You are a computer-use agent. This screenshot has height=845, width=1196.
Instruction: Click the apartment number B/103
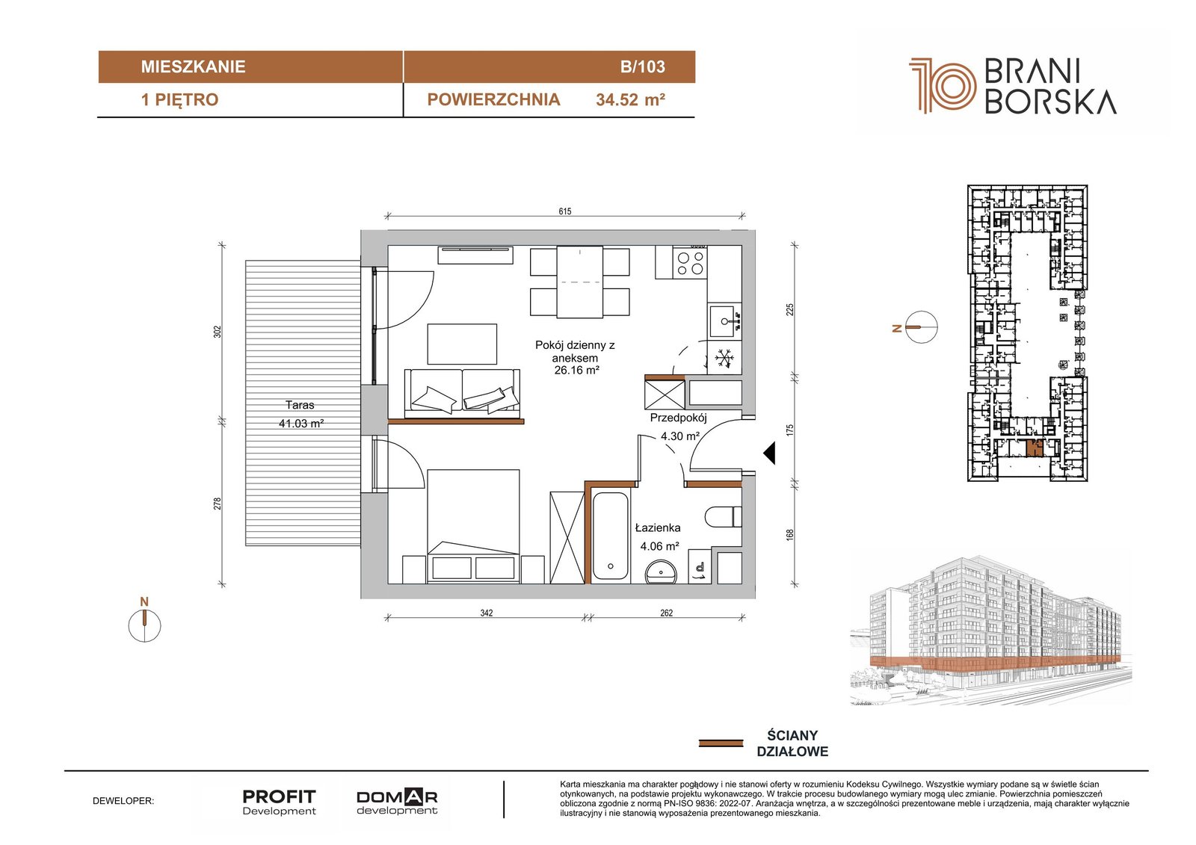click(642, 66)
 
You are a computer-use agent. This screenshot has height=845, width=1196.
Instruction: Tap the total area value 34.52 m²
click(630, 100)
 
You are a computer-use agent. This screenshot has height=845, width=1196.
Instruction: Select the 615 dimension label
click(565, 211)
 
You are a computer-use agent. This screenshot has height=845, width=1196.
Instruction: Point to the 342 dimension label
click(486, 613)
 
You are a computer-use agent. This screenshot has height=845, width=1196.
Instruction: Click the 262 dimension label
click(666, 613)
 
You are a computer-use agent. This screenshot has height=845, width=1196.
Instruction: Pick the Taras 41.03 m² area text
click(300, 414)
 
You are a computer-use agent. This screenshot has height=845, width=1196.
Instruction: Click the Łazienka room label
click(658, 528)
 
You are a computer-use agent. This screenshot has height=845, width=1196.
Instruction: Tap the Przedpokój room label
click(678, 418)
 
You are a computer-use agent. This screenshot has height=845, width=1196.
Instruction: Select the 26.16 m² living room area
click(576, 370)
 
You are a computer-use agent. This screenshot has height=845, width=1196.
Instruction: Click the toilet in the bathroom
click(724, 517)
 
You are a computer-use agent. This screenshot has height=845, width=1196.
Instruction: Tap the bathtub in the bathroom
click(610, 536)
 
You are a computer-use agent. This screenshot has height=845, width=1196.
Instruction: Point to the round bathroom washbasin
click(661, 572)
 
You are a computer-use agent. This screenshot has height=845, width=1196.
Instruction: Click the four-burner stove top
click(690, 262)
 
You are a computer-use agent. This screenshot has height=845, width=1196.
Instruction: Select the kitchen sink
click(725, 321)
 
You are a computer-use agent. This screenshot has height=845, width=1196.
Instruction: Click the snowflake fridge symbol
click(724, 358)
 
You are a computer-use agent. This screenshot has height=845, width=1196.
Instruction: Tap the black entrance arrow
click(769, 454)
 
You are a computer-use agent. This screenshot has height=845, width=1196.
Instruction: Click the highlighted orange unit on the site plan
click(1035, 448)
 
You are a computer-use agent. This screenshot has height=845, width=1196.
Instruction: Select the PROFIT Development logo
click(280, 802)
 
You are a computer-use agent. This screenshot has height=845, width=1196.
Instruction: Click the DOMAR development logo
click(397, 802)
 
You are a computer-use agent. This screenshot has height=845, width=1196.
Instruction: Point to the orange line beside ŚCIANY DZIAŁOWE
click(721, 743)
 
